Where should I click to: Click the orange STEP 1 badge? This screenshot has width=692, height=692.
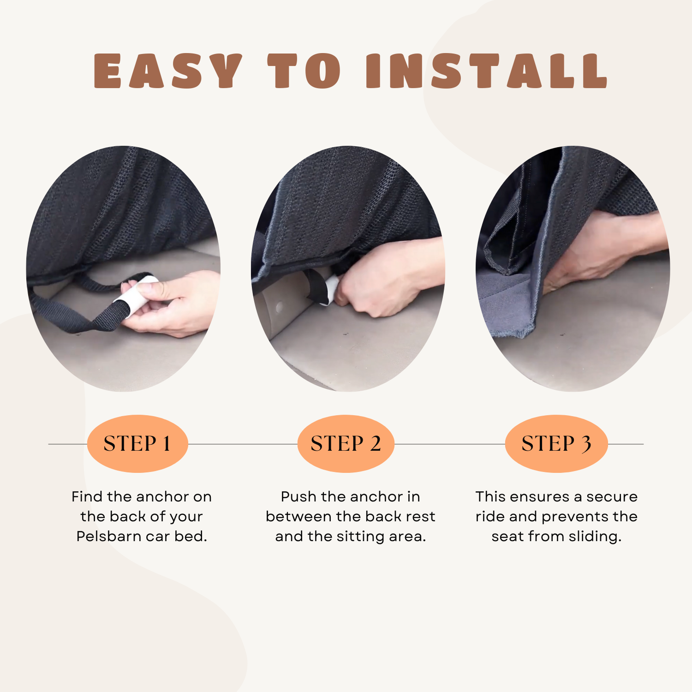[x=137, y=443]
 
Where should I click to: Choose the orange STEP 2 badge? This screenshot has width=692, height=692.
[x=346, y=443]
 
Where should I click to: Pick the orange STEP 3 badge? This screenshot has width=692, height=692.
[x=556, y=443]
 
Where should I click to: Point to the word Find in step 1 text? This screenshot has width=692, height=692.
[x=87, y=496]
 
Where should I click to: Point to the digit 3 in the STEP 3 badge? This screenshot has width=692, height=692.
[x=586, y=444]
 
